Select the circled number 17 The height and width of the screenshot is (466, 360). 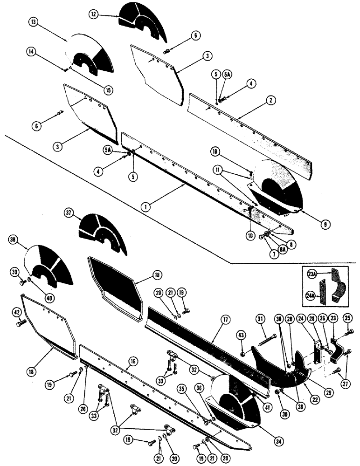tap(226, 320)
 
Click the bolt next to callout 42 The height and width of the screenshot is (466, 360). tap(20, 322)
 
